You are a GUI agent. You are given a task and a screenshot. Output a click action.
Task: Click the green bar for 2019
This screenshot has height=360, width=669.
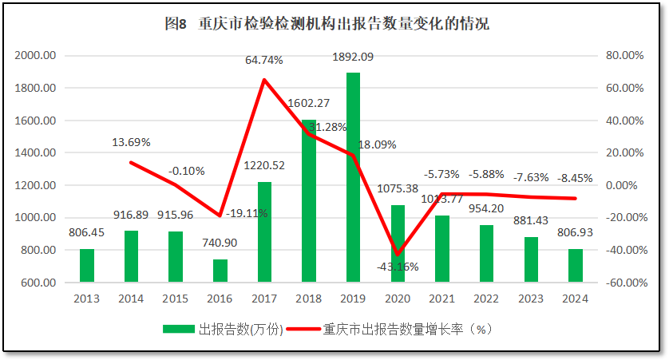pyautogui.click(x=353, y=177)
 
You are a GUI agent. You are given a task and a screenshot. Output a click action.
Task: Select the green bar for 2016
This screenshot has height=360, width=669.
pyautogui.click(x=220, y=271)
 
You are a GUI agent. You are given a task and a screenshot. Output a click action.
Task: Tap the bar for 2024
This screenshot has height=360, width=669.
pyautogui.click(x=576, y=266)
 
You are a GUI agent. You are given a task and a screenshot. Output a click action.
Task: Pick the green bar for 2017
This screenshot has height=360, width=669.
pyautogui.click(x=264, y=232)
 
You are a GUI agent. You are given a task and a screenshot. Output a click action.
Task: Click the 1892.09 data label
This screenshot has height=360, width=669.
pyautogui.click(x=352, y=57)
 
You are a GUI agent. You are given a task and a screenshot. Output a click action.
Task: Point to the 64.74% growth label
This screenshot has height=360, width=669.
pyautogui.click(x=265, y=60)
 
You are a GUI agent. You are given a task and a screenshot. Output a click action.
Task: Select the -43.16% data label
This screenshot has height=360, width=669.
pyautogui.click(x=397, y=266)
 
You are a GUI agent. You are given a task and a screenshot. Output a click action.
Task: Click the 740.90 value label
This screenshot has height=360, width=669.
pyautogui.click(x=220, y=243)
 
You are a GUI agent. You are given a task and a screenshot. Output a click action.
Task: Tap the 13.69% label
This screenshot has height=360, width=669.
pyautogui.click(x=132, y=142)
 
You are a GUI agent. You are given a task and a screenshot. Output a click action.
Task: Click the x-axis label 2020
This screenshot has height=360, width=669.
pyautogui.click(x=397, y=299)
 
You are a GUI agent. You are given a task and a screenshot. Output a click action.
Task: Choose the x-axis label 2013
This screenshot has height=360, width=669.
pyautogui.click(x=86, y=299)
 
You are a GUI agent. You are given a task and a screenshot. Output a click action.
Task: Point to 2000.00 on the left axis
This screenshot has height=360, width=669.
pyautogui.click(x=35, y=56)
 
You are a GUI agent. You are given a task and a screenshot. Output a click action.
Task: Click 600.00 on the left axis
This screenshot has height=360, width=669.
pyautogui.click(x=38, y=283)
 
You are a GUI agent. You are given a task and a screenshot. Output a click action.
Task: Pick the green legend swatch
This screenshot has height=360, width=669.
pyautogui.click(x=179, y=329)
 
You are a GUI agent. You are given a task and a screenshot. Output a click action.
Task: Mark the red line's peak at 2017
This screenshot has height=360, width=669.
pyautogui.click(x=264, y=79)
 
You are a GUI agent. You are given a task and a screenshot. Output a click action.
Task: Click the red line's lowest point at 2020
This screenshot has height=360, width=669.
pyautogui.click(x=397, y=255)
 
